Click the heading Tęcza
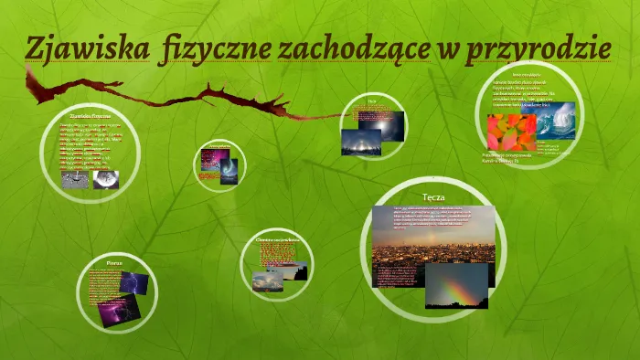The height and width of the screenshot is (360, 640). [x=432, y=197]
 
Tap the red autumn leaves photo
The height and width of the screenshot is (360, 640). [x=510, y=132]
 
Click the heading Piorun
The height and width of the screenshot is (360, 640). [x=113, y=262]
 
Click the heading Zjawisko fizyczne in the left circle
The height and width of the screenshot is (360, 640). [x=91, y=116]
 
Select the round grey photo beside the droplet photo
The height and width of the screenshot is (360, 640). [x=105, y=179]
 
